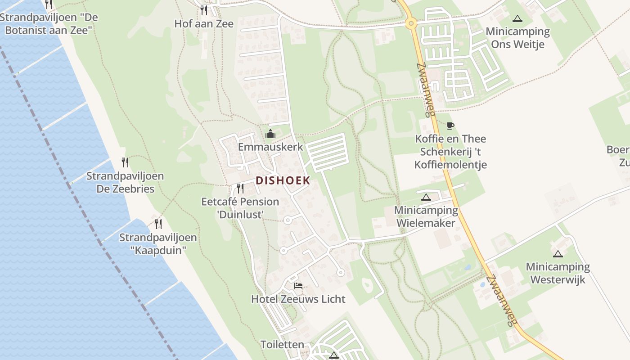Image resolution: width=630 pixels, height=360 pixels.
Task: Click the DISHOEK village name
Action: tap(283, 180)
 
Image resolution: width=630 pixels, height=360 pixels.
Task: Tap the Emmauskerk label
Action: tap(270, 147)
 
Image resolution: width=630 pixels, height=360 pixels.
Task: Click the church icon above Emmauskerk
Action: tap(270, 134)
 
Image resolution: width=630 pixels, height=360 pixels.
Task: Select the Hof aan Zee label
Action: tap(204, 24)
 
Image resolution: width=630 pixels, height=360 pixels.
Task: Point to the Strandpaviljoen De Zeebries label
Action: tap(125, 182)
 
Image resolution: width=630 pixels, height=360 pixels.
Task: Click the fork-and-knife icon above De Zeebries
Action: tap(125, 162)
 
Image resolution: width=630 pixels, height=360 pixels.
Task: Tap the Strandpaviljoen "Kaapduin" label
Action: tap(158, 244)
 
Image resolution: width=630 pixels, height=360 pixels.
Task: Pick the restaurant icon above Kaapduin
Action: tap(158, 224)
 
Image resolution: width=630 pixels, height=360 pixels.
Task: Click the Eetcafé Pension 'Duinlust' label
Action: tap(240, 208)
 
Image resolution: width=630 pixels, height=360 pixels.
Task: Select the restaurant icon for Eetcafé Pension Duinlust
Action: tap(240, 188)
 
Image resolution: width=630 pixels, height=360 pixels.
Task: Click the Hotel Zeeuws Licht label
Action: tap(298, 299)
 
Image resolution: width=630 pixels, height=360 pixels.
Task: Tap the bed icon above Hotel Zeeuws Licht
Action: tap(298, 285)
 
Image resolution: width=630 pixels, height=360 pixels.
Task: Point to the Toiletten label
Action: tap(282, 345)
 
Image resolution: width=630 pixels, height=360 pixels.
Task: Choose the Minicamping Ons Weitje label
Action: tap(517, 38)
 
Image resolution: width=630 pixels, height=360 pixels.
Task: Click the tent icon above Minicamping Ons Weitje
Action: tap(517, 18)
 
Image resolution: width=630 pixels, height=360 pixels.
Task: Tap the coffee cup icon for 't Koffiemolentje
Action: tap(450, 126)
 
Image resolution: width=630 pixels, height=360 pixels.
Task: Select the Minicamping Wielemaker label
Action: tap(426, 216)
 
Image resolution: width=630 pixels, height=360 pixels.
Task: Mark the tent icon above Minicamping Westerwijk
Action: tap(558, 254)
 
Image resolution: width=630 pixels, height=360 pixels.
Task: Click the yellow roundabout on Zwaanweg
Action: tap(410, 23)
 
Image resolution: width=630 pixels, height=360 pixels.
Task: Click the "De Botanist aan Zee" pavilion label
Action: tap(49, 24)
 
